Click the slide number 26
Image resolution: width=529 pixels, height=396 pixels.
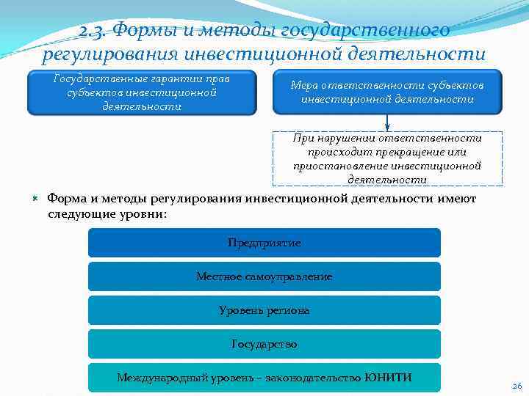click(x=516, y=386)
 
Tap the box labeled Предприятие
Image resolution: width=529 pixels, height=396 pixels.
click(x=264, y=243)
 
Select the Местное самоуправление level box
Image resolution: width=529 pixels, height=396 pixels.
click(x=264, y=276)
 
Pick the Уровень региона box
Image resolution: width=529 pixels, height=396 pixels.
click(x=264, y=310)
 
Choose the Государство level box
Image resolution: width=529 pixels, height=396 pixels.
click(x=264, y=344)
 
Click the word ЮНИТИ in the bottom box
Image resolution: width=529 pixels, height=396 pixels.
click(x=388, y=378)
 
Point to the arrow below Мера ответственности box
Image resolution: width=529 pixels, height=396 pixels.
click(x=387, y=122)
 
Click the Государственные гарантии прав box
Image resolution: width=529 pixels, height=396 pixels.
click(x=142, y=92)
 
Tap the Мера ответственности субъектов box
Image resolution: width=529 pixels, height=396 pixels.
click(x=387, y=92)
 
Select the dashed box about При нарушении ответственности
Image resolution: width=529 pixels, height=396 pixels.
click(x=387, y=158)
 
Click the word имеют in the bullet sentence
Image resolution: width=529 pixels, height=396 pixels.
click(x=457, y=199)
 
